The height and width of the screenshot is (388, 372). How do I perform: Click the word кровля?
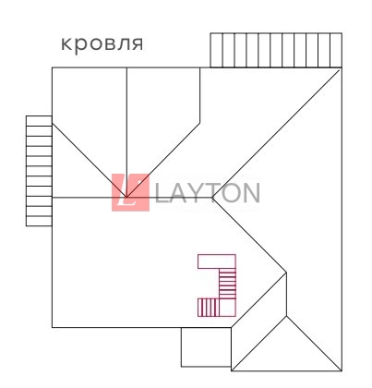pyautogui.click(x=102, y=44)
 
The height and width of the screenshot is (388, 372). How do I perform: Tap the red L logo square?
pyautogui.click(x=130, y=192)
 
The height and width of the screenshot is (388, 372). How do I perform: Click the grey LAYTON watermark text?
pyautogui.click(x=208, y=193)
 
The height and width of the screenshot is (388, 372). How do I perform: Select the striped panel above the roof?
pyautogui.click(x=276, y=50)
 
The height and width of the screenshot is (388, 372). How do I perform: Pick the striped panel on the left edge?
pyautogui.click(x=39, y=171)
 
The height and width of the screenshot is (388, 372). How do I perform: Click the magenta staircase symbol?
pyautogui.click(x=217, y=285)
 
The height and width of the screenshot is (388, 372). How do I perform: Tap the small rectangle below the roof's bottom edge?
pyautogui.click(x=206, y=347)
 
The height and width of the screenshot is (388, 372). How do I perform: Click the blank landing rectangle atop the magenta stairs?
pyautogui.click(x=217, y=261)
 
